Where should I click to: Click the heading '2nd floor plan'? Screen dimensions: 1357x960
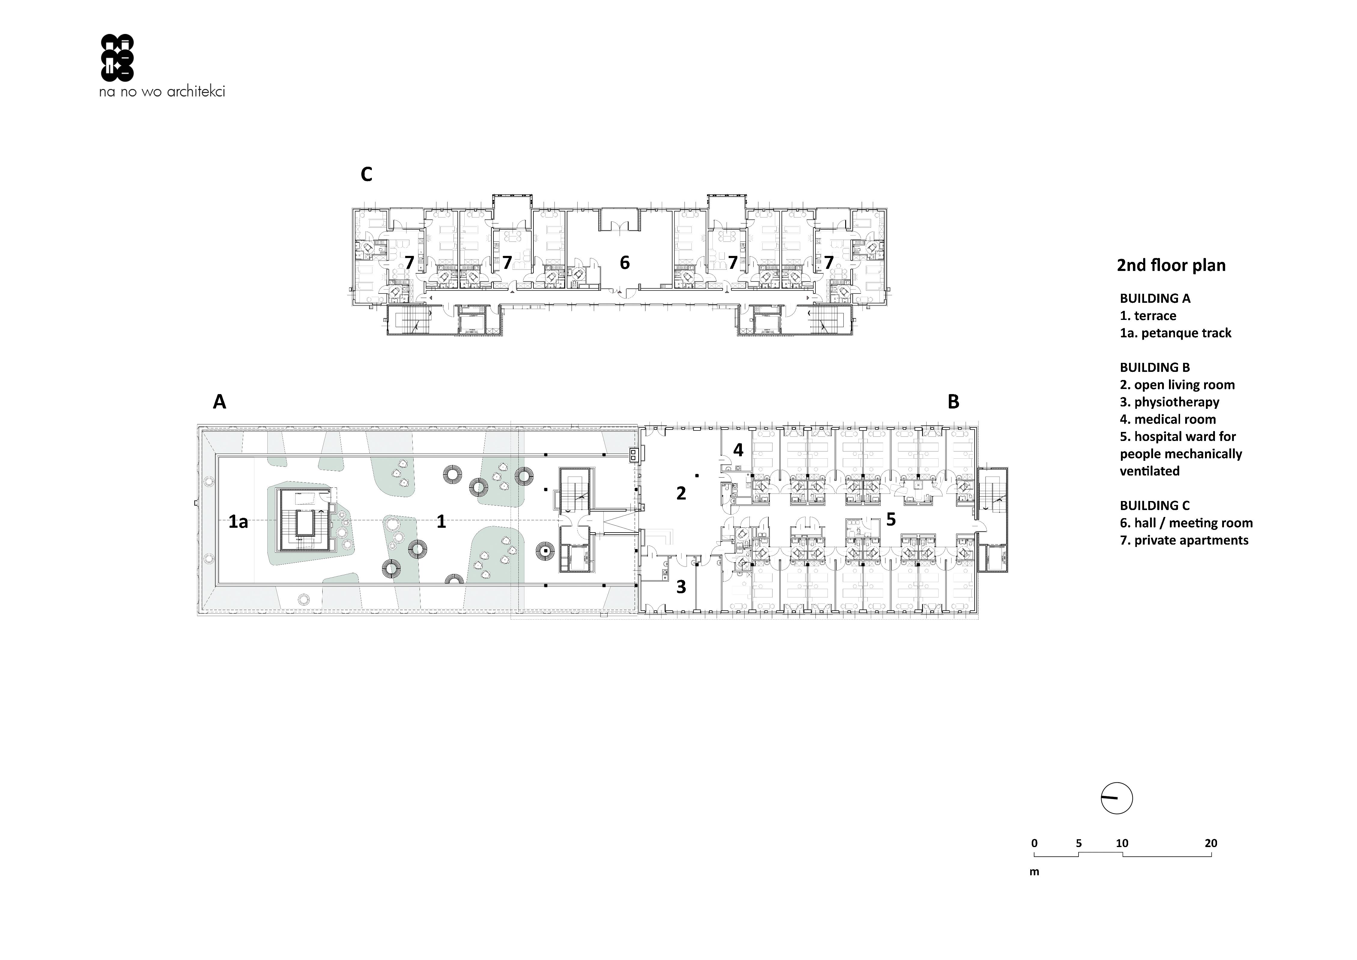pos(1171,266)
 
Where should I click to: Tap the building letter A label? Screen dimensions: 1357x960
pos(219,402)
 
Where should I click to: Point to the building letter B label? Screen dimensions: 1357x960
pos(953,402)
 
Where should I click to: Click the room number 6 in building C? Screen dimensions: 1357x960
pos(625,263)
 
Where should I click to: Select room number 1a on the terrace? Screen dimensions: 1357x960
pos(238,522)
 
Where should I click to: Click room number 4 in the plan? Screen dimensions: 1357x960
pos(738,450)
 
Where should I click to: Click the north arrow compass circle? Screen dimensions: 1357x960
pos(1116,799)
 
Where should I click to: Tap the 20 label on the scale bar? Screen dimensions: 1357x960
pos(1211,843)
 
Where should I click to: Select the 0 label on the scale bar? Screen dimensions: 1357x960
pos(1034,843)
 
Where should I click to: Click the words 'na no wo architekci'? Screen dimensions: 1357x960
pos(162,92)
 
